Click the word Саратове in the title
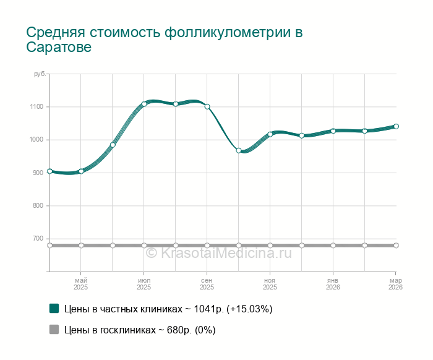[x=59, y=48]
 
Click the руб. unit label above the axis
[x=40, y=74]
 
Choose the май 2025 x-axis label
[x=81, y=284]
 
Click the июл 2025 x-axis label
[x=144, y=284]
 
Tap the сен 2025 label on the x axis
[x=207, y=284]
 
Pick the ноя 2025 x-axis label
[x=270, y=284]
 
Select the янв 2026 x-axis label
[x=333, y=284]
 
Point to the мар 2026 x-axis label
[x=395, y=284]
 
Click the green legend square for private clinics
[x=54, y=309]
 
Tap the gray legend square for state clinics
[x=54, y=330]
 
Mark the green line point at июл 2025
[x=144, y=104]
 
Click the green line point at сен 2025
[x=207, y=106]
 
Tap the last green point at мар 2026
[x=396, y=126]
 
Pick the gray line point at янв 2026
[x=333, y=246]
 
